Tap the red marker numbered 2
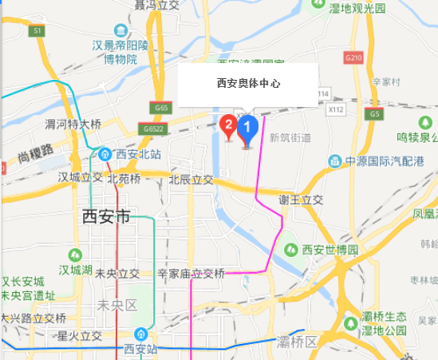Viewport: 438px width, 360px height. (x=228, y=125)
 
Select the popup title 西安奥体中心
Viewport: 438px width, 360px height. (x=248, y=83)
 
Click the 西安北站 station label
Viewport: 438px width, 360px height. (x=132, y=154)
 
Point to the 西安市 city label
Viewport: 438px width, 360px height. (x=106, y=216)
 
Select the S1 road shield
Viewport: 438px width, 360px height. (x=37, y=30)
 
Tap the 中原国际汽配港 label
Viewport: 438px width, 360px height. (x=385, y=161)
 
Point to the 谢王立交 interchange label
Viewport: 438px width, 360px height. (x=300, y=200)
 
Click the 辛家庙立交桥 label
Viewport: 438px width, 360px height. (x=191, y=273)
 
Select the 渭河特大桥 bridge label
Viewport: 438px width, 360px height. (x=73, y=125)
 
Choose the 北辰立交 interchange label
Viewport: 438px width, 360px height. (x=191, y=180)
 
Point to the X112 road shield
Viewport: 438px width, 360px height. (x=335, y=109)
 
